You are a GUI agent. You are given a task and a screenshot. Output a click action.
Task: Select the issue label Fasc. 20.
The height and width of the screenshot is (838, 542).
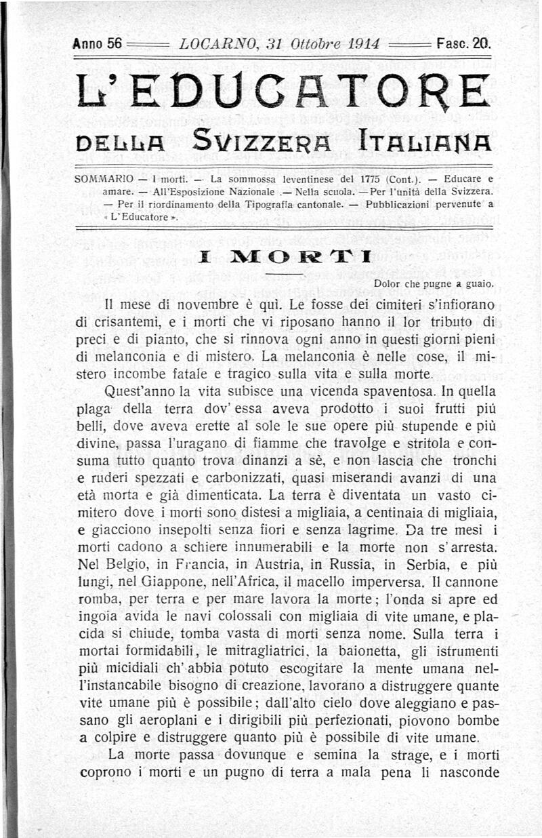coord(464,45)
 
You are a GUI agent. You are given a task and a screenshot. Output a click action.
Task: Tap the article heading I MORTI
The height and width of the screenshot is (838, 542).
coord(280,256)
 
